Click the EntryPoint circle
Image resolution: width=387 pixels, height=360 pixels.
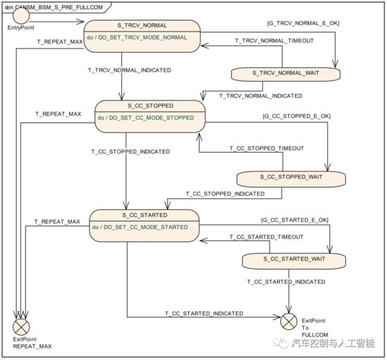pyautogui.click(x=21, y=16)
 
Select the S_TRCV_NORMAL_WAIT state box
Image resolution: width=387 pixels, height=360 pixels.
pyautogui.click(x=286, y=74)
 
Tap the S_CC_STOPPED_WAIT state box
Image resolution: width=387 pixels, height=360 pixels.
pyautogui.click(x=291, y=179)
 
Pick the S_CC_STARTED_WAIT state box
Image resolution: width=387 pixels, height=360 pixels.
pyautogui.click(x=294, y=261)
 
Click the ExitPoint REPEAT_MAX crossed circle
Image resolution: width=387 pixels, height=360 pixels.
pyautogui.click(x=21, y=327)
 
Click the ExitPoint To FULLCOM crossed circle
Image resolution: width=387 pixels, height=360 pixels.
pyautogui.click(x=289, y=321)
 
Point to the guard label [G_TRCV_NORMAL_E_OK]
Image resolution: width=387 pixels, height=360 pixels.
pyautogui.click(x=303, y=23)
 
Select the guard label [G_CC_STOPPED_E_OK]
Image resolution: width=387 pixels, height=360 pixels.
pyautogui.click(x=297, y=116)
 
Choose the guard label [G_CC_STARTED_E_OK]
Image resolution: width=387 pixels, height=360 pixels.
pyautogui.click(x=295, y=220)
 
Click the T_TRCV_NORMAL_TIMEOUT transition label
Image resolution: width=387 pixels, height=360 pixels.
pyautogui.click(x=274, y=40)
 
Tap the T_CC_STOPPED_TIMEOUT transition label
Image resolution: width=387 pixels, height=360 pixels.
pyautogui.click(x=267, y=148)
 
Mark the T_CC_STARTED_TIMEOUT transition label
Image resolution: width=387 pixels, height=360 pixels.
pyautogui.click(x=266, y=237)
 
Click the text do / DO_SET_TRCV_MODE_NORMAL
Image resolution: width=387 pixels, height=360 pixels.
pyautogui.click(x=137, y=37)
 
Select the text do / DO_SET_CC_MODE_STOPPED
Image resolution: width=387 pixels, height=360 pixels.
pyautogui.click(x=146, y=118)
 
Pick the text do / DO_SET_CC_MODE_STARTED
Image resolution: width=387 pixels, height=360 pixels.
pyautogui.click(x=140, y=227)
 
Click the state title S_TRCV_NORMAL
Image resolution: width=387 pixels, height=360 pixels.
pyautogui.click(x=142, y=26)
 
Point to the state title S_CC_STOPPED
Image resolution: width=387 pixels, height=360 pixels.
pyautogui.click(x=150, y=106)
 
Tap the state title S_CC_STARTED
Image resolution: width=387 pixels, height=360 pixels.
pyautogui.click(x=145, y=215)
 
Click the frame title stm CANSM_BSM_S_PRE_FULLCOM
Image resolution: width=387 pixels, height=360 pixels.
pyautogui.click(x=54, y=7)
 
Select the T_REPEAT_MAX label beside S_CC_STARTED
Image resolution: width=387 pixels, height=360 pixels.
pyautogui.click(x=57, y=221)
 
